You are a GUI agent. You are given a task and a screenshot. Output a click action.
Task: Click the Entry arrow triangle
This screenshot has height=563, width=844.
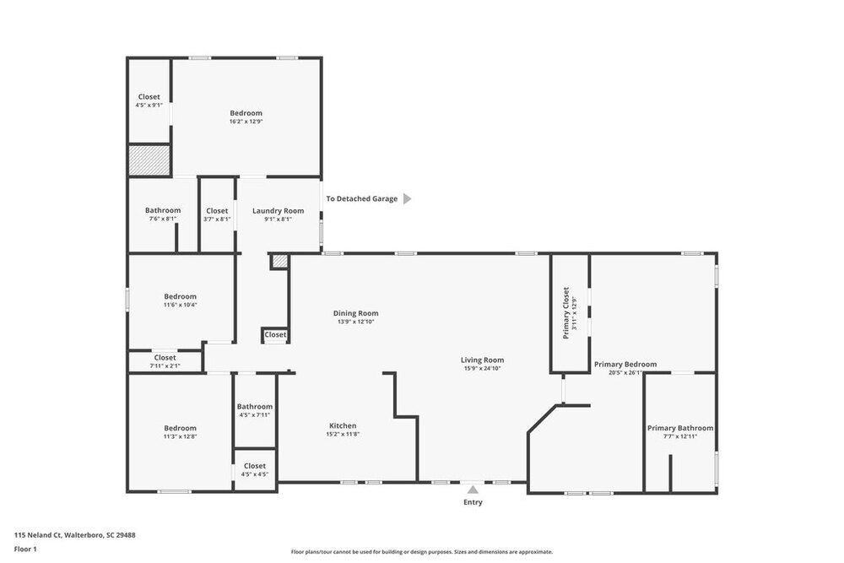[x=473, y=490]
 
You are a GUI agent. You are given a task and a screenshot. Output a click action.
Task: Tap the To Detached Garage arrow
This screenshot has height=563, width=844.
[x=408, y=198]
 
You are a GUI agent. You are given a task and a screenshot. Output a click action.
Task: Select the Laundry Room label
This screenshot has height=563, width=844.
[x=279, y=211]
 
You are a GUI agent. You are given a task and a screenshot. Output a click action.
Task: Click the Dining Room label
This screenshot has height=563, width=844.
[x=356, y=313]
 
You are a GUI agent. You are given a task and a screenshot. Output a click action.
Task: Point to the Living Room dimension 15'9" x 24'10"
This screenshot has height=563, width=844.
[x=482, y=369]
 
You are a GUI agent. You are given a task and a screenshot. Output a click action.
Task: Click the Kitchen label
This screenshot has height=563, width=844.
[x=343, y=425]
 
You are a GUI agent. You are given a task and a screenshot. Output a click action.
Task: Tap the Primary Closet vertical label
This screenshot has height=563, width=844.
[x=565, y=312]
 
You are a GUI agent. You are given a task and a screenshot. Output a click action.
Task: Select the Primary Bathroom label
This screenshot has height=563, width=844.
[x=680, y=429]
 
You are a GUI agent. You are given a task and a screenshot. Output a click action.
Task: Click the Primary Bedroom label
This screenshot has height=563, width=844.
[x=625, y=365]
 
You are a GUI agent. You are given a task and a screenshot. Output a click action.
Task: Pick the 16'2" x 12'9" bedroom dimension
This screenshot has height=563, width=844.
[x=246, y=122]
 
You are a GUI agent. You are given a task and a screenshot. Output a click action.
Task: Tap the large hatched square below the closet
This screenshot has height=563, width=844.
[x=149, y=160]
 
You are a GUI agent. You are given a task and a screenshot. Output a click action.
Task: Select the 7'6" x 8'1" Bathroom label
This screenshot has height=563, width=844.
[x=163, y=210]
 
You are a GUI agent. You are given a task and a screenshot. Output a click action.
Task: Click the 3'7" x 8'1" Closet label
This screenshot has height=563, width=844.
[x=217, y=211]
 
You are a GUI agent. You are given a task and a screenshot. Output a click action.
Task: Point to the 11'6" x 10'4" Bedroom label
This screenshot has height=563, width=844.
[x=181, y=296]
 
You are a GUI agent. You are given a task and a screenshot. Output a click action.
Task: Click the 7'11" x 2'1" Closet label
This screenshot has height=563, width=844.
[x=165, y=357]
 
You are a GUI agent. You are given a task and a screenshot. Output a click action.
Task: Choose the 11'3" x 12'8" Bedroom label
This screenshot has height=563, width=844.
[x=181, y=429]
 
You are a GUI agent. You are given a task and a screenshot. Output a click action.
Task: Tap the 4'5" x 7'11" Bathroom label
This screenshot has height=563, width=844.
[x=255, y=407]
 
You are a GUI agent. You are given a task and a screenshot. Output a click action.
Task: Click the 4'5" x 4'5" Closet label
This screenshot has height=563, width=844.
[x=255, y=466]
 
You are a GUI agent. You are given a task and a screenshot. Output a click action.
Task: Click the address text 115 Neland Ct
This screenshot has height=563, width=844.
[x=38, y=535]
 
